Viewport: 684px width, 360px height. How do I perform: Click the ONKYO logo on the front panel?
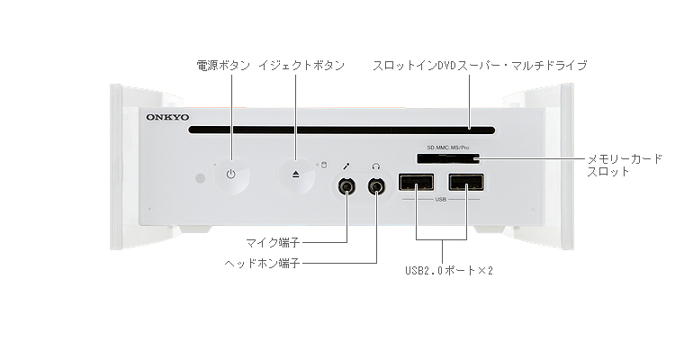pos(166,116)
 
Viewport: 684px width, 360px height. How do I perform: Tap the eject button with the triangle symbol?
pos(296,174)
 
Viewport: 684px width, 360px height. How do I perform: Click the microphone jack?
pos(346,187)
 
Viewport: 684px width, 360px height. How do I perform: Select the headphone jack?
pos(375,187)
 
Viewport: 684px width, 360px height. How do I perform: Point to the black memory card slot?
pos(447,158)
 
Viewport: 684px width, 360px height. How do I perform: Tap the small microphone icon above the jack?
pos(346,166)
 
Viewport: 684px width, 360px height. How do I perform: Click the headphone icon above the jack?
pos(375,166)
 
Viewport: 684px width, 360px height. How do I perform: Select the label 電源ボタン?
pos(223,66)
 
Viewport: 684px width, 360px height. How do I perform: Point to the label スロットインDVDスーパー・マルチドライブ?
pos(480,66)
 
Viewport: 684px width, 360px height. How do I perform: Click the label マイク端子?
pos(273,242)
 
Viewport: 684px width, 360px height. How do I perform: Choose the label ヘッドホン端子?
pos(262,264)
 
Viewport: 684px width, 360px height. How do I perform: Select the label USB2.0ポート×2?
pos(449,269)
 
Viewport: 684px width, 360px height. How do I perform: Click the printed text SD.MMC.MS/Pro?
pos(447,145)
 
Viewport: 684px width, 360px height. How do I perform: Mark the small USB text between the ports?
pos(441,200)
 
